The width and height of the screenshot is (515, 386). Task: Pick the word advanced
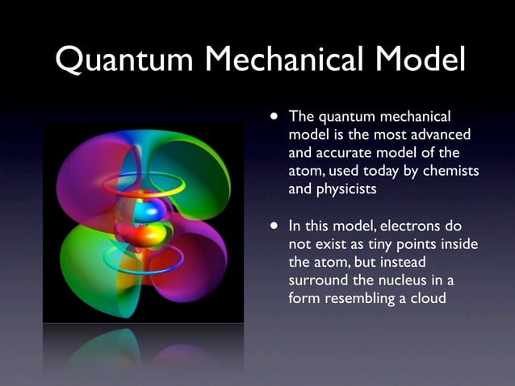(x=442, y=134)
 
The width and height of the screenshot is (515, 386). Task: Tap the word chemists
(x=450, y=171)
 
